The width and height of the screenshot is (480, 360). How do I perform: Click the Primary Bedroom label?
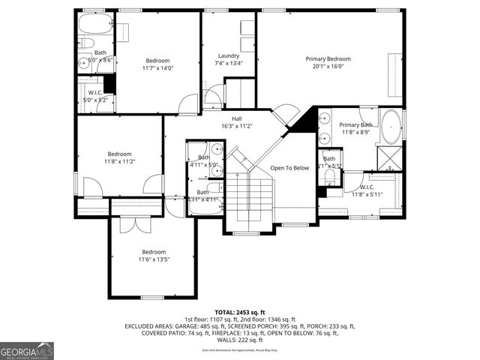tap(328, 58)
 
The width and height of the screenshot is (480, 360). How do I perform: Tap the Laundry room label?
tap(229, 55)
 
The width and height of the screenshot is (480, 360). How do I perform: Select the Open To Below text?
tap(289, 168)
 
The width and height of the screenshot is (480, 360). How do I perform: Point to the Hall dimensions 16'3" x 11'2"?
tap(236, 126)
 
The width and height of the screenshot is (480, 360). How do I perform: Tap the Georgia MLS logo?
tap(27, 350)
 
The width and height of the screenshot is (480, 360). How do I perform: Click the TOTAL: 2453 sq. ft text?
tap(239, 312)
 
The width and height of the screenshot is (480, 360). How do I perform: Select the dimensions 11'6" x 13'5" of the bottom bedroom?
tap(154, 259)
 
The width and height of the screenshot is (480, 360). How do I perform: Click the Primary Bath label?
tap(355, 125)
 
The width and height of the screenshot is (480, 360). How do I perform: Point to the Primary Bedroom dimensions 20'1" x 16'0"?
tap(328, 66)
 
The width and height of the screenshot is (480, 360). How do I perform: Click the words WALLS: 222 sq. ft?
tap(239, 340)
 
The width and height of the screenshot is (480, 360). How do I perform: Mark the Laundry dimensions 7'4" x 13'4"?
tap(229, 63)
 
